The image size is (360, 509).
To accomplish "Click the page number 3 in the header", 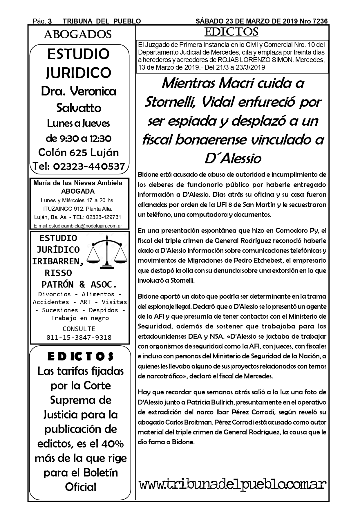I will coord(50,21).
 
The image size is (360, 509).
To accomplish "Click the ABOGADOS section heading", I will coord(77,35).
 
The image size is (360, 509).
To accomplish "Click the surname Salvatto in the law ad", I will coord(79,108).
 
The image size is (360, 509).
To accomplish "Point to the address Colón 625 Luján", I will coord(79,152).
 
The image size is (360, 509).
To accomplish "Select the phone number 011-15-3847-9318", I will coord(79,337).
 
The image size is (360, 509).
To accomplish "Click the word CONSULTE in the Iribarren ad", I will coord(79,329).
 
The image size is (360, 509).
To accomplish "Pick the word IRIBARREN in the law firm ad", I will coord(58,261).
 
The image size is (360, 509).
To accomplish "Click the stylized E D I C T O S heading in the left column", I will coord(80,356).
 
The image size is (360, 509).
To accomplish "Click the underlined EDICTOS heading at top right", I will coord(231,32).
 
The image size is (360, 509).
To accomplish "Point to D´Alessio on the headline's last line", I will coord(232,158).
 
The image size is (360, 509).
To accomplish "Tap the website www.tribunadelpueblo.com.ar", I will coord(232,485).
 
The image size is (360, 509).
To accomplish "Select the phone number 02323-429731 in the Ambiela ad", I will coord(104,217).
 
